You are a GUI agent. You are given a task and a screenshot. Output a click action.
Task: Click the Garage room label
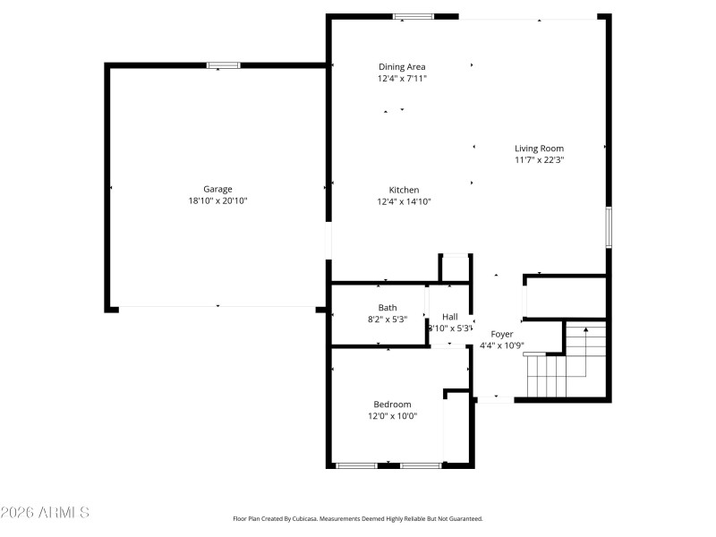[x=217, y=189]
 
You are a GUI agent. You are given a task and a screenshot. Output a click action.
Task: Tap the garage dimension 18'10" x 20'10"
[x=217, y=201]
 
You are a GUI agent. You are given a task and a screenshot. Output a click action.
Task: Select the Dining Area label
[x=402, y=66]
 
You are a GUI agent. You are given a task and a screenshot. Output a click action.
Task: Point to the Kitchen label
[x=404, y=190]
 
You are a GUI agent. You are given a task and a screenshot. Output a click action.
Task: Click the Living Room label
[x=539, y=149]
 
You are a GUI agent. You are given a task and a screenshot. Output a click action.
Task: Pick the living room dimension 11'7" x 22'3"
[x=539, y=160]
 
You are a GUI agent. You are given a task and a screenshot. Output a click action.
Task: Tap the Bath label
[x=388, y=308]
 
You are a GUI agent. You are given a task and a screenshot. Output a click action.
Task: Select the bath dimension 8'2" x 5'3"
[x=388, y=320]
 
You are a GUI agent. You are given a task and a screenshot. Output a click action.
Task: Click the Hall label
[x=449, y=317]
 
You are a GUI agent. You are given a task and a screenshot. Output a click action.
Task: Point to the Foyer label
[x=502, y=334]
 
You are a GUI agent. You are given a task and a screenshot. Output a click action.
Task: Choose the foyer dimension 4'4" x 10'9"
[x=502, y=345]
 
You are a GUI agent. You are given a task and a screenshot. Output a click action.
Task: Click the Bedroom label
[x=392, y=405]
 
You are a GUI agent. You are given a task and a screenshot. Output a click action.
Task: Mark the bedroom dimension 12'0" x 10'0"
[x=392, y=416]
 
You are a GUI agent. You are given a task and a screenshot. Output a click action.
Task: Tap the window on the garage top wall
[x=223, y=64]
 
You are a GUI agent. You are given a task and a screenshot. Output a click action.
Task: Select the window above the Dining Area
[x=413, y=16]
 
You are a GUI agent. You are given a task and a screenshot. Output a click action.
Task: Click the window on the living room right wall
[x=608, y=226]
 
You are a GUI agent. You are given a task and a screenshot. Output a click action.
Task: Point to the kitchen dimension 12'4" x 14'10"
[x=404, y=202]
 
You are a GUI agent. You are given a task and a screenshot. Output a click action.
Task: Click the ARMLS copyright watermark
[x=45, y=513]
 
